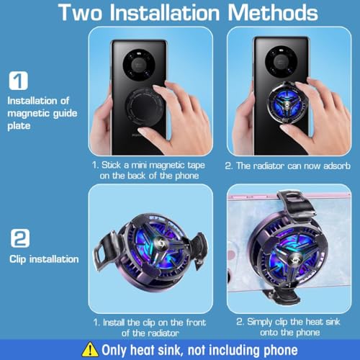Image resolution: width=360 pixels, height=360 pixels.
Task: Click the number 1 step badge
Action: pos(20,80)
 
